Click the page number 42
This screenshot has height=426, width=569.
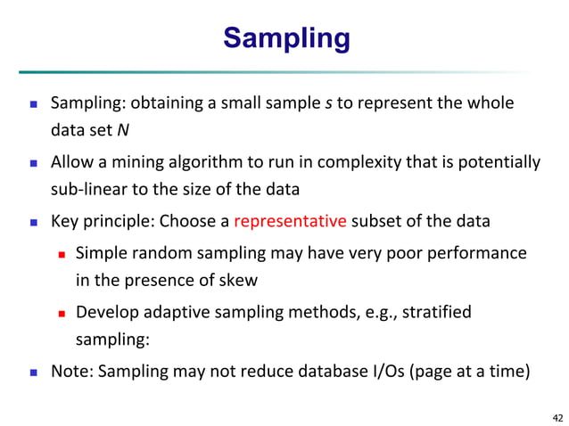coord(557,416)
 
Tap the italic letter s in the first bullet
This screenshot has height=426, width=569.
coord(326,102)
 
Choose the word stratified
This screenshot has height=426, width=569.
coord(432,312)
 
